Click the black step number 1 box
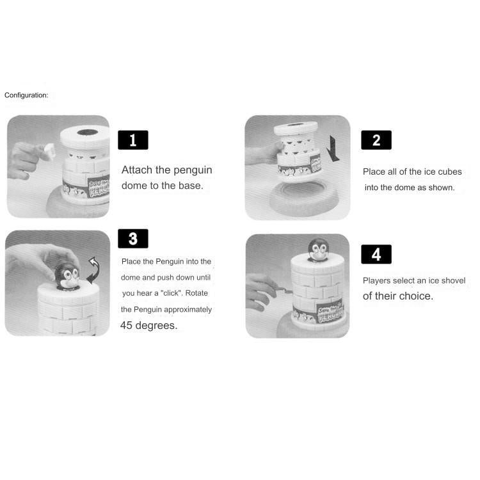(x=133, y=140)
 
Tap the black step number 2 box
(x=376, y=140)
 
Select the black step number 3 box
(x=133, y=239)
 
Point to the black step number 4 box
(x=376, y=254)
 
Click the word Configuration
(x=26, y=95)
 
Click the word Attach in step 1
(x=137, y=170)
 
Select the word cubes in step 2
(x=449, y=172)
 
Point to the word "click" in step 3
(x=172, y=293)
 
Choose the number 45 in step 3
(x=127, y=325)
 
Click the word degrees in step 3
(x=156, y=326)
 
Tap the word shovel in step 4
(x=453, y=280)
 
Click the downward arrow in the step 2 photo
(x=333, y=148)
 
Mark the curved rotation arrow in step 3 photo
(x=93, y=270)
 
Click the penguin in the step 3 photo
(x=67, y=275)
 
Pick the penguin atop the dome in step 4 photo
(x=318, y=250)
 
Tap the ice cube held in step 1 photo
(x=50, y=151)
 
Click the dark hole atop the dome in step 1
(x=87, y=132)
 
